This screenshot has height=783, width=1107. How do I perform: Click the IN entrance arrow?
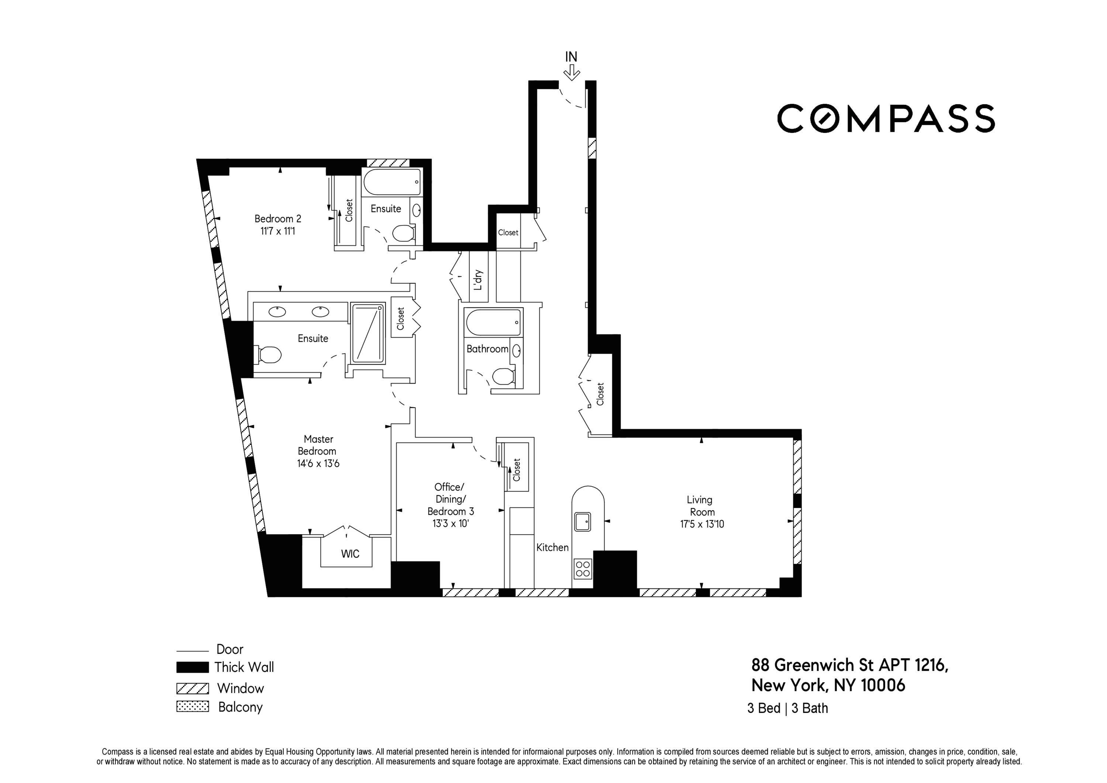pyautogui.click(x=571, y=73)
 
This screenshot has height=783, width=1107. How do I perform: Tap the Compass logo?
pyautogui.click(x=885, y=118)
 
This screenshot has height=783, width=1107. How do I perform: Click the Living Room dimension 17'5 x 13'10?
pyautogui.click(x=701, y=524)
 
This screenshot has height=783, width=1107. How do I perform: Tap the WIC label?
pyautogui.click(x=350, y=554)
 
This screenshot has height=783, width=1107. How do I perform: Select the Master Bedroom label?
pyautogui.click(x=318, y=445)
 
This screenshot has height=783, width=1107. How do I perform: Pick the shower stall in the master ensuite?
pyautogui.click(x=368, y=333)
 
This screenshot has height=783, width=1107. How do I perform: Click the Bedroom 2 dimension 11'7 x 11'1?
pyautogui.click(x=278, y=231)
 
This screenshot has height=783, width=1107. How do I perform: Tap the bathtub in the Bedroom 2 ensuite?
pyautogui.click(x=392, y=182)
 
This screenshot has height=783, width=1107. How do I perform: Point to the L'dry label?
pyautogui.click(x=478, y=280)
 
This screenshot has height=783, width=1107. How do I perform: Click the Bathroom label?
pyautogui.click(x=487, y=349)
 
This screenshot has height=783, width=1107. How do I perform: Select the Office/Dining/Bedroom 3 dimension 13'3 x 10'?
pyautogui.click(x=450, y=523)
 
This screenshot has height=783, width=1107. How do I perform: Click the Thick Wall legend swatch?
pyautogui.click(x=192, y=667)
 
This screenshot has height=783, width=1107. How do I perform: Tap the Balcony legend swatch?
pyautogui.click(x=192, y=707)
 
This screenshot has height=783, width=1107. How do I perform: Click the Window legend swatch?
pyautogui.click(x=192, y=688)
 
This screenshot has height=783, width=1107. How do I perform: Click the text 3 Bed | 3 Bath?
pyautogui.click(x=787, y=708)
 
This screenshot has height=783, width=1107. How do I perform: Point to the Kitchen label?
pyautogui.click(x=552, y=547)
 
